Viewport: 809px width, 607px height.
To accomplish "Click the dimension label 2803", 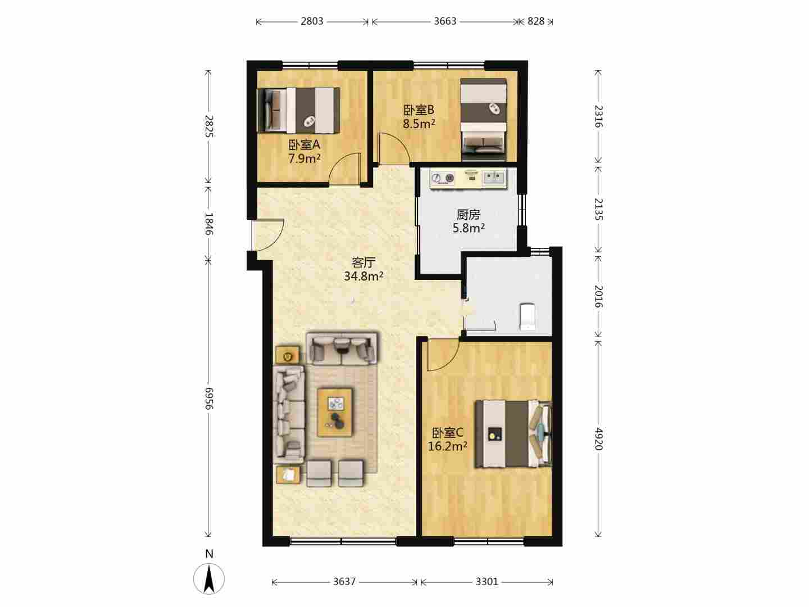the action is (312, 21).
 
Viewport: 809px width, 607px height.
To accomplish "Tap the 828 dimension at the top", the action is (535, 21).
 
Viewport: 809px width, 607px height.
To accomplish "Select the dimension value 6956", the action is (208, 398).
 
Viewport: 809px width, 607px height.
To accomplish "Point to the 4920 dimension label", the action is (598, 438).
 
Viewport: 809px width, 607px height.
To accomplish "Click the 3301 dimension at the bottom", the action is (487, 582).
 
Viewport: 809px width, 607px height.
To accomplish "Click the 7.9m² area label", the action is (304, 158).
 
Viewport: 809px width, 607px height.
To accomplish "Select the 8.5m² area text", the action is (419, 124).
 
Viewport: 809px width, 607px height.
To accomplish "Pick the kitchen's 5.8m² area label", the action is (469, 228).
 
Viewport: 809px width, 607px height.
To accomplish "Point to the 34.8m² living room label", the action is (363, 275).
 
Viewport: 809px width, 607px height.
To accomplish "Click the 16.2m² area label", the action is (447, 446).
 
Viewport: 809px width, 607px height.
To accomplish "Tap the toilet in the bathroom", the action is (527, 316).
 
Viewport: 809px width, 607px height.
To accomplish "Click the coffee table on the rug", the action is (335, 412).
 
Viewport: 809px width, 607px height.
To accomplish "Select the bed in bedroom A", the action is (298, 110).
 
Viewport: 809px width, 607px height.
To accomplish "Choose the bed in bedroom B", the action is (484, 119).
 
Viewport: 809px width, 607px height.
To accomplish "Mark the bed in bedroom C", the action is (513, 434).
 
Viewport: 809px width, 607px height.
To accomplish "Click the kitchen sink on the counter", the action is (494, 178).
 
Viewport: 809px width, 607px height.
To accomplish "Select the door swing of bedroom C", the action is (442, 355).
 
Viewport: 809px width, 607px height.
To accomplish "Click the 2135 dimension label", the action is (598, 209).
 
